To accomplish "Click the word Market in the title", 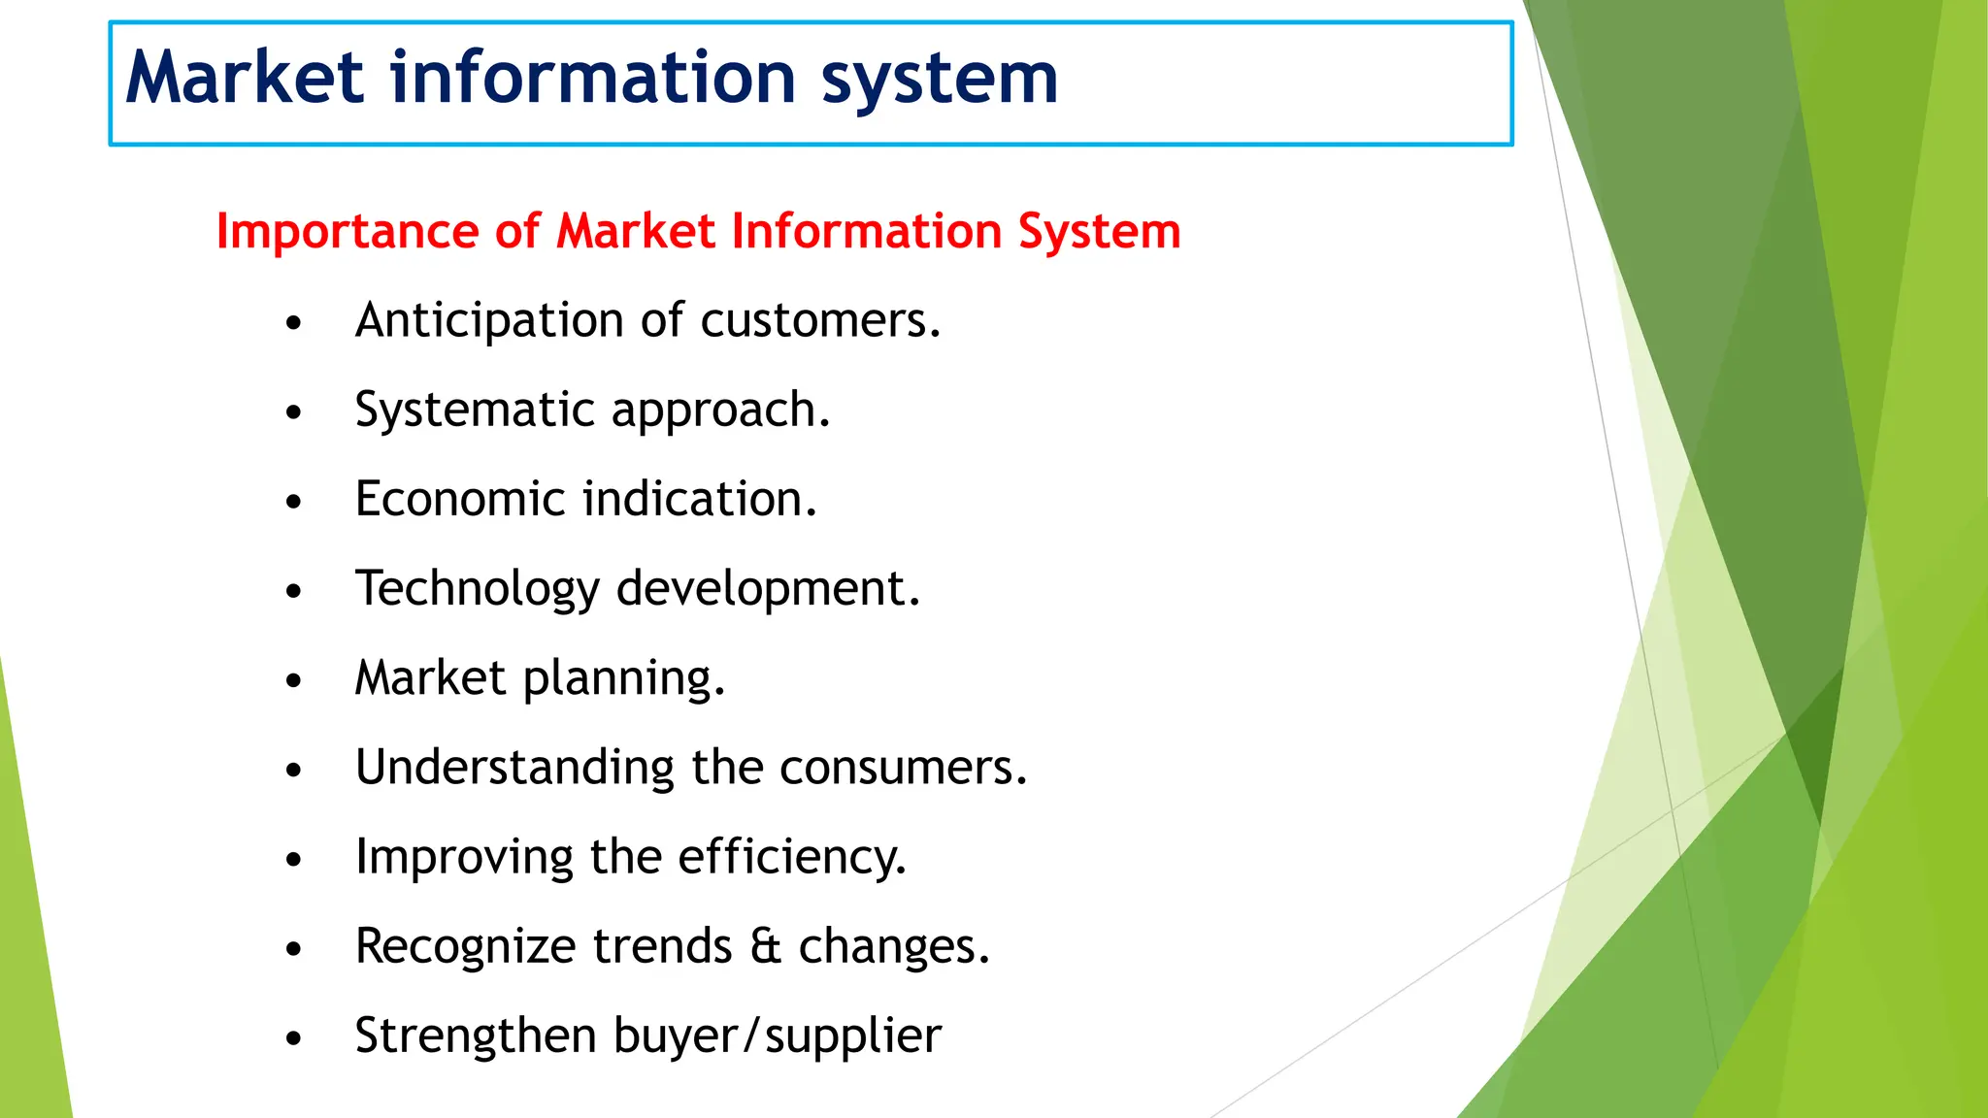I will point(245,78).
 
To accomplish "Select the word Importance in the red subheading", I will point(348,233).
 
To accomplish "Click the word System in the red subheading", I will point(1099,233).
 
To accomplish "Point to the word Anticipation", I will point(489,321).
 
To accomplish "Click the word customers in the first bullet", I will point(819,321).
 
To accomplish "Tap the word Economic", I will point(460,499).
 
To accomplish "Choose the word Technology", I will point(478,589).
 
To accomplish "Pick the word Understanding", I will point(514,768).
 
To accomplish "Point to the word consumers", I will point(903,768).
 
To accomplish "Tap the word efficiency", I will point(791,857).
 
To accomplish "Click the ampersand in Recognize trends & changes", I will point(765,946).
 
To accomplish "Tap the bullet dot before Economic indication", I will point(294,502).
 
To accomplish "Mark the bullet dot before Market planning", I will point(294,680).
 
